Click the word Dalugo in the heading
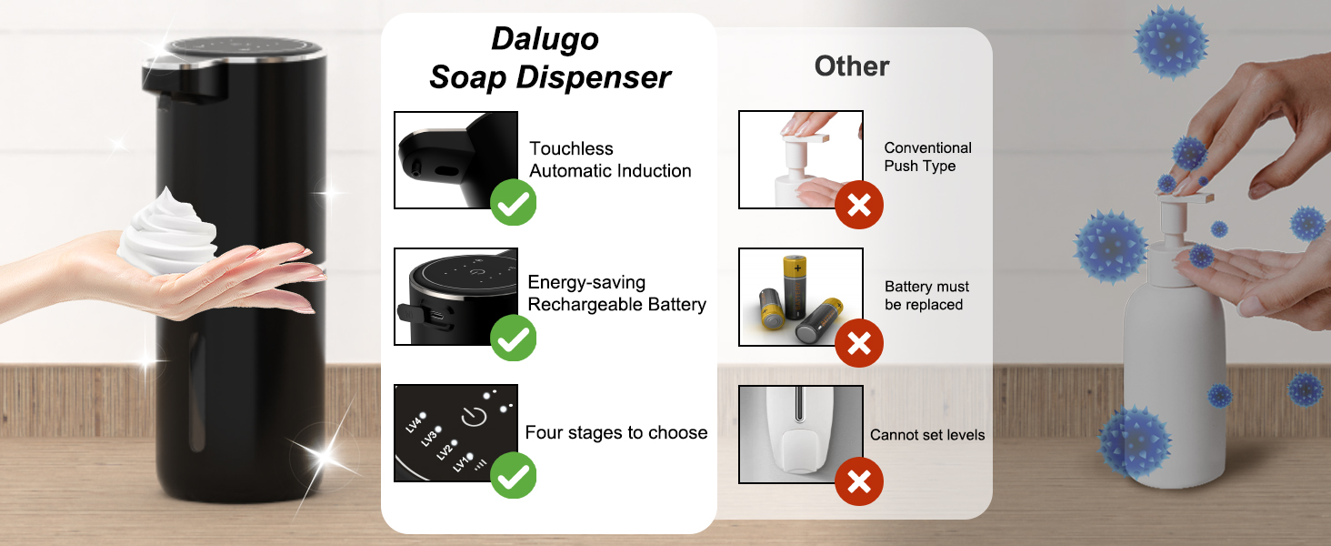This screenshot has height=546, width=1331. [545, 40]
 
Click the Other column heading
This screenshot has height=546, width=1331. [852, 66]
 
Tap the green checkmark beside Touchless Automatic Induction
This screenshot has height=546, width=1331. [514, 203]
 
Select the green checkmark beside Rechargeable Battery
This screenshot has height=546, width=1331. [514, 338]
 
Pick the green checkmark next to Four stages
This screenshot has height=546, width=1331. [514, 475]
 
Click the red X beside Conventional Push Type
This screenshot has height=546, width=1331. [859, 205]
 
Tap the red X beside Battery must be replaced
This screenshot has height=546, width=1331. [859, 343]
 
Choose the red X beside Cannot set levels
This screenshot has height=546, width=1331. [859, 481]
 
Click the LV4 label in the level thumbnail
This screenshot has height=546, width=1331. [415, 421]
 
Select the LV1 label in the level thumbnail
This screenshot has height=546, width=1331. [462, 462]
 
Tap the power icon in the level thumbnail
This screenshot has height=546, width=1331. [475, 417]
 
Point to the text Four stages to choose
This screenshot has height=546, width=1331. [616, 432]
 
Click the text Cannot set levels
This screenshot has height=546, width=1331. [927, 435]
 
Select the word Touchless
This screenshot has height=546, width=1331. [571, 148]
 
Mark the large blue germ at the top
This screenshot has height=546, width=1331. [1170, 42]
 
